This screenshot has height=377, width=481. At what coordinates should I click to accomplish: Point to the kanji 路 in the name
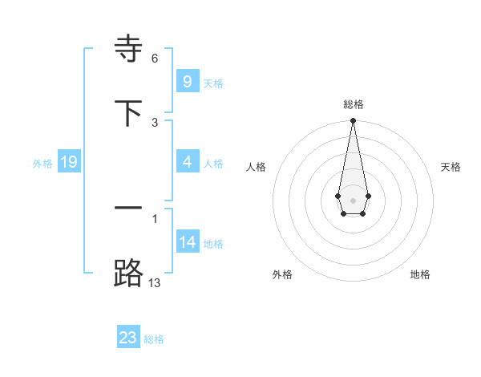128,273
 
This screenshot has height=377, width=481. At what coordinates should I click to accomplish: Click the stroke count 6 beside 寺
155,59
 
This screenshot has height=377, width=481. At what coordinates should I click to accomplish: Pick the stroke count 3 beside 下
155,122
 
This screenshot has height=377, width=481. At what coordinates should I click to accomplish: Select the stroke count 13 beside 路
155,282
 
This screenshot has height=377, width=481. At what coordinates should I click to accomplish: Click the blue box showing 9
187,82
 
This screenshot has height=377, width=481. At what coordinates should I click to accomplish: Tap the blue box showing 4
187,162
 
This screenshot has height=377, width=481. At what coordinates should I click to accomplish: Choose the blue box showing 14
187,242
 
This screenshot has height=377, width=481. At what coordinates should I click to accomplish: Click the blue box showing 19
69,162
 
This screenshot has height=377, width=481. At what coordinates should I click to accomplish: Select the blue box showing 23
128,338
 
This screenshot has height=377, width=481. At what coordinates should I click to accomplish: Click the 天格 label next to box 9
213,83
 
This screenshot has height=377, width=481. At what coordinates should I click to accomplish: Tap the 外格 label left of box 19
42,163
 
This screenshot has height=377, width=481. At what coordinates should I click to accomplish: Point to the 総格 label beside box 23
154,338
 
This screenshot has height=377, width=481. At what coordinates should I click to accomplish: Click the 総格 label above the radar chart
353,104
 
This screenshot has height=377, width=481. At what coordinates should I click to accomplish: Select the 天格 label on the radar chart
451,167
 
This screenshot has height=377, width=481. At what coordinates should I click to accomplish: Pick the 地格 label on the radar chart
420,274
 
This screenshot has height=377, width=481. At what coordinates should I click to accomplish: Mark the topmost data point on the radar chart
353,121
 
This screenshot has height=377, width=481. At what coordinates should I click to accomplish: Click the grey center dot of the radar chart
353,199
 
